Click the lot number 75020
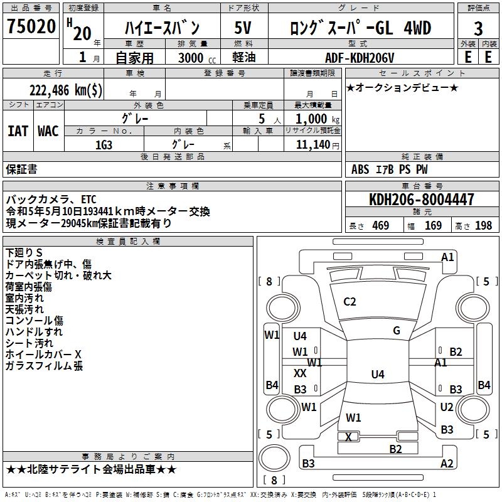[31, 26]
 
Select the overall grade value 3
[478, 29]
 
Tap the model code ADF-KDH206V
[360, 58]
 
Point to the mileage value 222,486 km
[66, 90]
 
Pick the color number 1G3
[104, 145]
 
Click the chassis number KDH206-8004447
[422, 199]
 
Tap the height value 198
[483, 225]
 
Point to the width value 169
[433, 225]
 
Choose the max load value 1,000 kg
[318, 119]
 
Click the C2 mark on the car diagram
[350, 302]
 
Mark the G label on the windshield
[397, 331]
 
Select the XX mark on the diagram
[300, 373]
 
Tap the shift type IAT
[18, 131]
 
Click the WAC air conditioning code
[48, 131]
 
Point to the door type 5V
[243, 28]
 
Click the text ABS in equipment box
[360, 169]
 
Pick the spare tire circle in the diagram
[274, 458]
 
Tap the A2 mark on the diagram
[447, 463]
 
